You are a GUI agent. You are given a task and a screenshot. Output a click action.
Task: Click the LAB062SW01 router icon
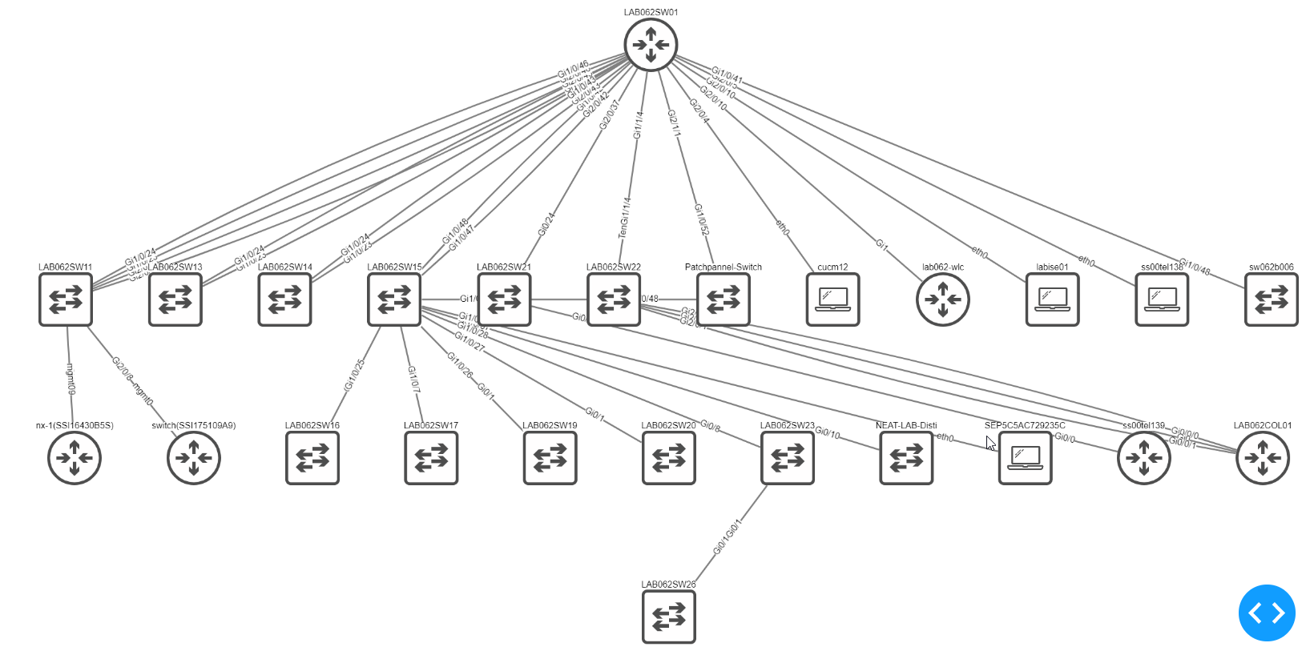pyautogui.click(x=651, y=45)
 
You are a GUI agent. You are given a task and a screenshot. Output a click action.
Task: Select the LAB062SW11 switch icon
pyautogui.click(x=66, y=299)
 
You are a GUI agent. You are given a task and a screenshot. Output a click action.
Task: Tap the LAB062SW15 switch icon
pyautogui.click(x=394, y=299)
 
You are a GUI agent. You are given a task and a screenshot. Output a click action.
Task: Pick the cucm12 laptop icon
pyautogui.click(x=832, y=299)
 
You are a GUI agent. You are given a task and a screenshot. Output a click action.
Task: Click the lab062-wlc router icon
pyautogui.click(x=942, y=299)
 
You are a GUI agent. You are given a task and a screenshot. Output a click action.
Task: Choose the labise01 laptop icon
pyautogui.click(x=1052, y=299)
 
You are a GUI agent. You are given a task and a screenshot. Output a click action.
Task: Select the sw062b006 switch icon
pyautogui.click(x=1271, y=299)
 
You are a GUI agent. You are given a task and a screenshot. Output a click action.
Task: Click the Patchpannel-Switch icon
pyautogui.click(x=723, y=299)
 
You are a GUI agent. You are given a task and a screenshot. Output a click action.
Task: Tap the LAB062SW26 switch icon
pyautogui.click(x=668, y=617)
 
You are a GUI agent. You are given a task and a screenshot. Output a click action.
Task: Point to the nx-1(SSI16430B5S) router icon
pyautogui.click(x=75, y=458)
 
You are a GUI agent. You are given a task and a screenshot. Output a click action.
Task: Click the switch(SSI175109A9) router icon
pyautogui.click(x=193, y=458)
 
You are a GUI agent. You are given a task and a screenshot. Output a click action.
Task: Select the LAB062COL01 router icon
pyautogui.click(x=1263, y=458)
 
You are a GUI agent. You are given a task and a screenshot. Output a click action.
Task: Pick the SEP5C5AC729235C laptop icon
pyautogui.click(x=1025, y=458)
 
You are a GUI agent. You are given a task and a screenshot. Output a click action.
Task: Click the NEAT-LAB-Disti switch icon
pyautogui.click(x=906, y=458)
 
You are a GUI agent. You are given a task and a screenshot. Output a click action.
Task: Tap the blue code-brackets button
pyautogui.click(x=1267, y=613)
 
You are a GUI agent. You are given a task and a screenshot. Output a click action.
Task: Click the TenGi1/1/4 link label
pyautogui.click(x=625, y=218)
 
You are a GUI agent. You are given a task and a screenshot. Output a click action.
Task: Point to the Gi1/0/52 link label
pyautogui.click(x=702, y=220)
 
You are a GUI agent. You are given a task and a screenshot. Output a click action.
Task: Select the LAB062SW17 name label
pyautogui.click(x=431, y=425)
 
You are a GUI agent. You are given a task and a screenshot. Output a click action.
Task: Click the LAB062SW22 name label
pyautogui.click(x=614, y=267)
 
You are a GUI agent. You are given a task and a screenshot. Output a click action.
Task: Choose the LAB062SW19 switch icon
pyautogui.click(x=550, y=458)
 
